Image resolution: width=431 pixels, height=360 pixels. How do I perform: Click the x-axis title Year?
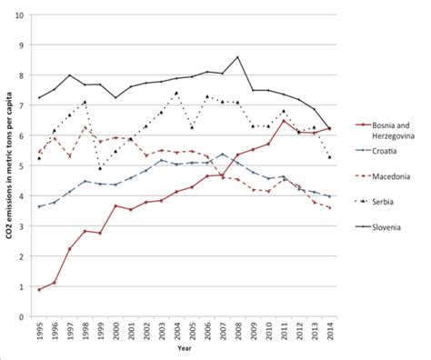tap(184, 350)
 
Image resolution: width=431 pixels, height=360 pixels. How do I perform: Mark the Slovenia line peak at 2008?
tap(237, 57)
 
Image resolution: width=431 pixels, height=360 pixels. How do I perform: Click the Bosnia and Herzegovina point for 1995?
tap(40, 290)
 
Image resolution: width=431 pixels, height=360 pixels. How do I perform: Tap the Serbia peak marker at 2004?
tap(176, 93)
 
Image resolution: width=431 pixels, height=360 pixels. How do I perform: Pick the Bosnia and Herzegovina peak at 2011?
tap(283, 121)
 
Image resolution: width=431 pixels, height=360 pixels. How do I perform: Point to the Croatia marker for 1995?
tap(40, 207)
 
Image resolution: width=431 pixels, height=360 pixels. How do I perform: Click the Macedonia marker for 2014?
tap(328, 209)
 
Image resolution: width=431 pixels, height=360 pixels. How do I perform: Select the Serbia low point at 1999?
tap(101, 168)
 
